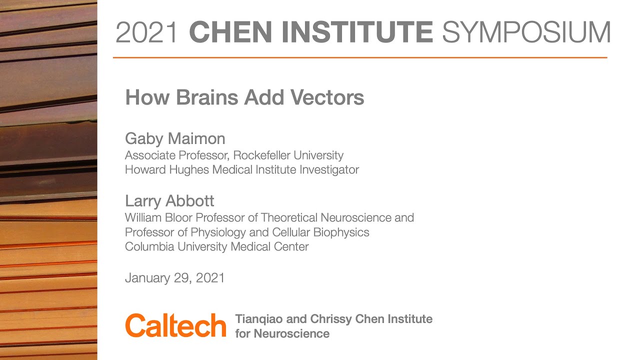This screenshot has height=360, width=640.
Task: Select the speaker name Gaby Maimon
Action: pyautogui.click(x=175, y=138)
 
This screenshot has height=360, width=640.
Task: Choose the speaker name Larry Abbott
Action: pyautogui.click(x=169, y=201)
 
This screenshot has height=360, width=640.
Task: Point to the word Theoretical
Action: pyautogui.click(x=291, y=217)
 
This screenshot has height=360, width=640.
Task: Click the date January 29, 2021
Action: pyautogui.click(x=174, y=278)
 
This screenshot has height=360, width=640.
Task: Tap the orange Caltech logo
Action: pyautogui.click(x=175, y=325)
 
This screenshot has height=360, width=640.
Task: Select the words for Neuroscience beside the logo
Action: pyautogui.click(x=282, y=333)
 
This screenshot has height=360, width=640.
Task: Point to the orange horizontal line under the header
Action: pyautogui.click(x=360, y=58)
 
